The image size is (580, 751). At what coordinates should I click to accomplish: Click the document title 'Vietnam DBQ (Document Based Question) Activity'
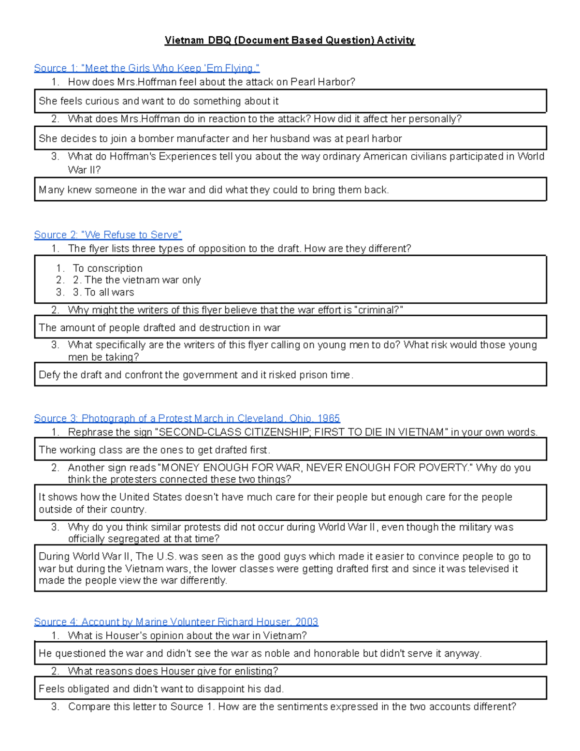pyautogui.click(x=290, y=40)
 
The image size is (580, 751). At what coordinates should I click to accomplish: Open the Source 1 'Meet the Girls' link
pyautogui.click(x=146, y=68)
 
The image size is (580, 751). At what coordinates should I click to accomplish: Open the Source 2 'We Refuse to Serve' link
pyautogui.click(x=108, y=235)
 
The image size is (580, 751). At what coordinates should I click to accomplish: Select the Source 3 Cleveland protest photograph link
pyautogui.click(x=187, y=418)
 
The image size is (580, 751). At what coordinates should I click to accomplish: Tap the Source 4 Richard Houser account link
pyautogui.click(x=176, y=622)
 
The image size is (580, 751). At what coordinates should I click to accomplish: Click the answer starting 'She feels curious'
pyautogui.click(x=159, y=101)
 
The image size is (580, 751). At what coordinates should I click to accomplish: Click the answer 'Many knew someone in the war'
pyautogui.click(x=214, y=190)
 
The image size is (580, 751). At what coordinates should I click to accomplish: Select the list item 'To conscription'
pyautogui.click(x=107, y=268)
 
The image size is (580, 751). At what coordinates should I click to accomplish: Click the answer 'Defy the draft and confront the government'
pyautogui.click(x=196, y=375)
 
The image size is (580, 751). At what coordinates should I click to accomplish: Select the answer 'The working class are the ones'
pyautogui.click(x=154, y=450)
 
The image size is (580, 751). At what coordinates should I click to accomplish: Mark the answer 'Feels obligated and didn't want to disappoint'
pyautogui.click(x=161, y=689)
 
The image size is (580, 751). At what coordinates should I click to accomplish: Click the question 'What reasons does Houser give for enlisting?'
pyautogui.click(x=173, y=671)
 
